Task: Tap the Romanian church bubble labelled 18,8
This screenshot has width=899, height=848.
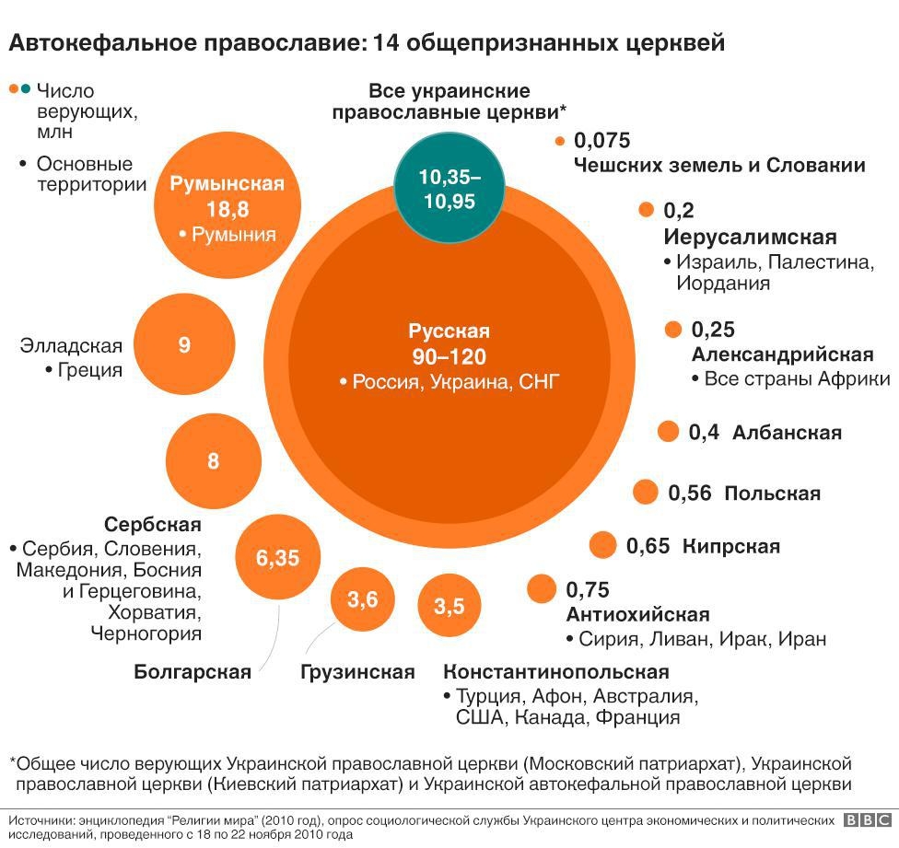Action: pos(228,208)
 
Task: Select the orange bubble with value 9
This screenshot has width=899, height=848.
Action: pos(184,345)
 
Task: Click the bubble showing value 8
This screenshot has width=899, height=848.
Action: pos(213,460)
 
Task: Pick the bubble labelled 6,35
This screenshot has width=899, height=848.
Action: pos(277,558)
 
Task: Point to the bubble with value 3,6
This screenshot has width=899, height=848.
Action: pos(362,600)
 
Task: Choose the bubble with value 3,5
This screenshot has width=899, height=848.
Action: pos(449,607)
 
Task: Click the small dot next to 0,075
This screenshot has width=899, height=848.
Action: pos(559,142)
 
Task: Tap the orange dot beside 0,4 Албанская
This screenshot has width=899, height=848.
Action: pos(669,432)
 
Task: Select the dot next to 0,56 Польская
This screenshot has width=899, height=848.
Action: pos(646,493)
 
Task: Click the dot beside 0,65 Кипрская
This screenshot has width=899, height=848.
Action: pos(602,546)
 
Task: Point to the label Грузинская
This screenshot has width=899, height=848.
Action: pos(357,672)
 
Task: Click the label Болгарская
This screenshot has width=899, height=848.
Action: pos(193,672)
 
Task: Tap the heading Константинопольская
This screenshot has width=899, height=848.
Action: pos(556,672)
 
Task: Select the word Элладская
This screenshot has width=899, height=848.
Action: pos(71,346)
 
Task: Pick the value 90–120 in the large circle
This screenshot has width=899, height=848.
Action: pos(449,356)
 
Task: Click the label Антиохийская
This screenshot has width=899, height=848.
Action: pos(637,615)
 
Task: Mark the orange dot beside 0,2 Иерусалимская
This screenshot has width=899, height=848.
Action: pos(646,211)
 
